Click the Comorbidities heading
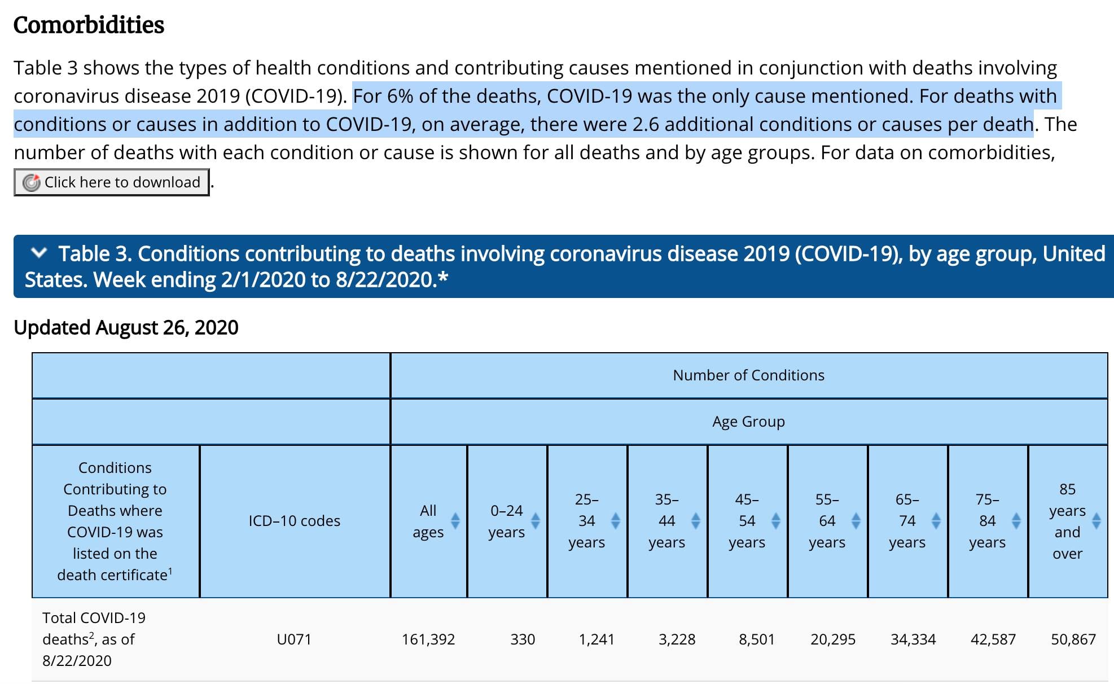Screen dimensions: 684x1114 89,25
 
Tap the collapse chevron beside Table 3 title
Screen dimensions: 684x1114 38,253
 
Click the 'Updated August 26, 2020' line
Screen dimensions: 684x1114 126,327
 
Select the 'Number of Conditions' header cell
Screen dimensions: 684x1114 748,375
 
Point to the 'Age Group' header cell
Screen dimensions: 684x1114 748,422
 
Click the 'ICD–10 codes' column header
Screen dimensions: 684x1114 294,521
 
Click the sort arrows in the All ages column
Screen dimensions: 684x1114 455,521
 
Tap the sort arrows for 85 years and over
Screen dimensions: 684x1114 1097,521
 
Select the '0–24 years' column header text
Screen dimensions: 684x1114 506,521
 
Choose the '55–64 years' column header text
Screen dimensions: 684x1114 827,521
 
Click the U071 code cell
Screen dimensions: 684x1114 294,639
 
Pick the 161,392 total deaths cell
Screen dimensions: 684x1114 428,639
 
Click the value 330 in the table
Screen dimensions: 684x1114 523,639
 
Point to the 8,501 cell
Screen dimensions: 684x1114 756,639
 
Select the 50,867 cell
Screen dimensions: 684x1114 1073,639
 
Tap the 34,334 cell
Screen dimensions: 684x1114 913,639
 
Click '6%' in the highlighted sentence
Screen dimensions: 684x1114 400,96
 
